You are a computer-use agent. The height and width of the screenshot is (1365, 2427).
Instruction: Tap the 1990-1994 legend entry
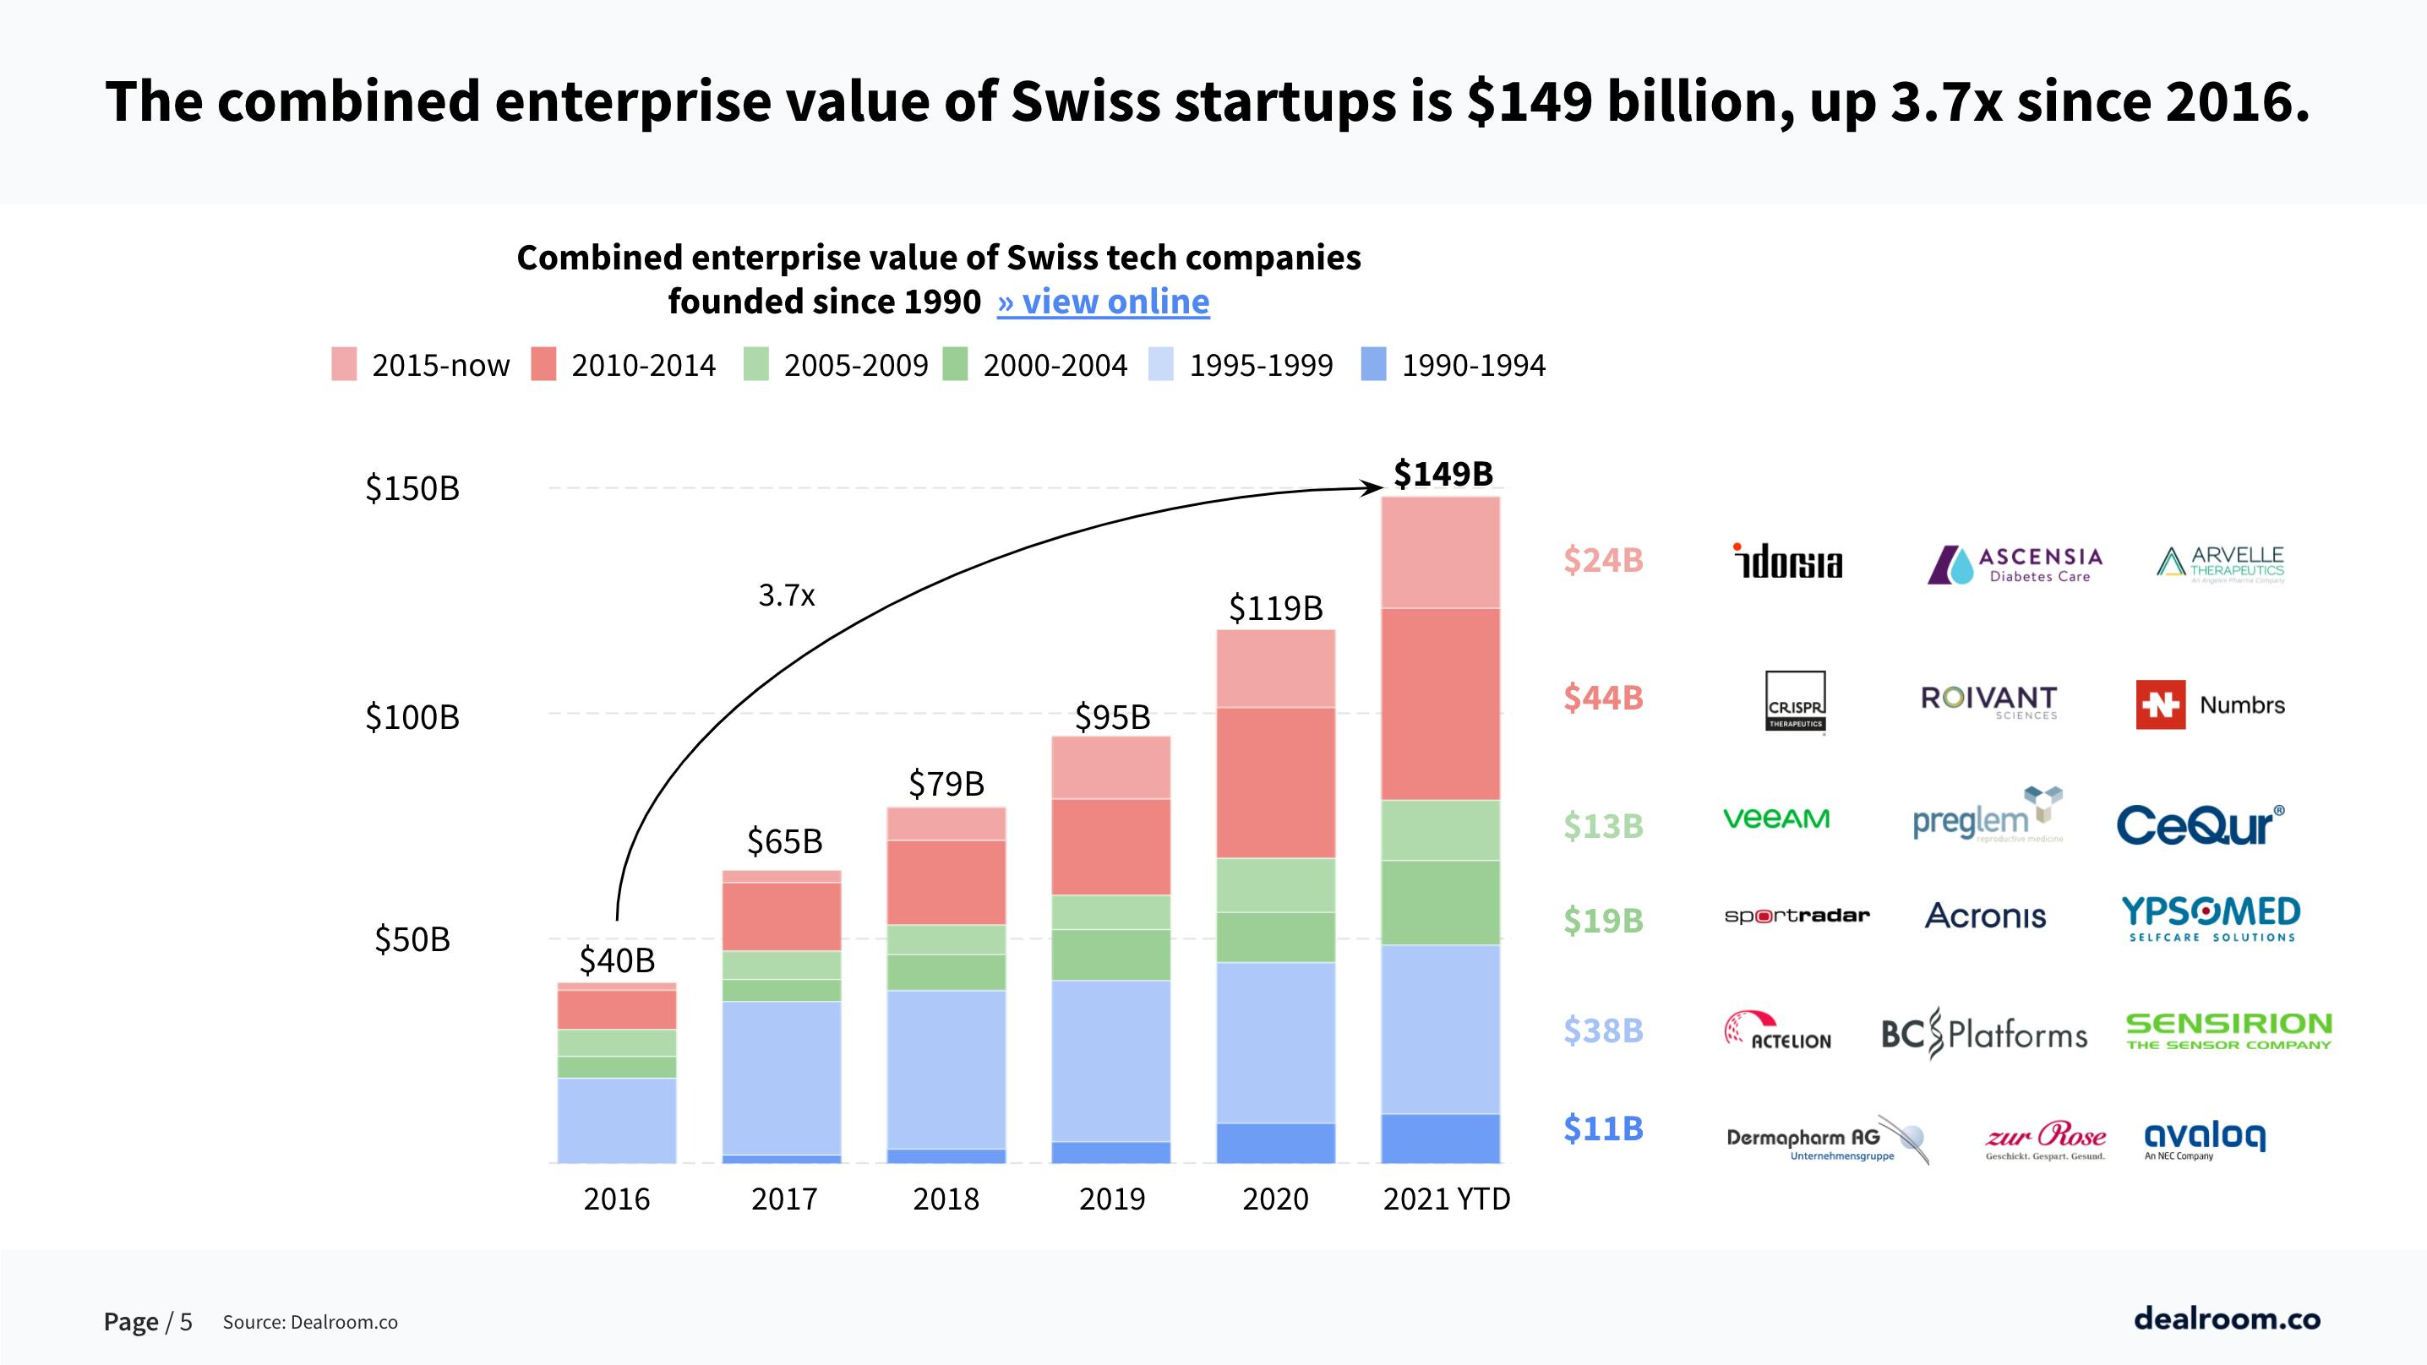pyautogui.click(x=1453, y=365)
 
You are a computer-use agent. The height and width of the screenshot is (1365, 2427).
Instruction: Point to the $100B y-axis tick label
pyautogui.click(x=412, y=717)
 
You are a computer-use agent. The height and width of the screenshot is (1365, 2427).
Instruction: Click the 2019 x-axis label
pyautogui.click(x=1112, y=1199)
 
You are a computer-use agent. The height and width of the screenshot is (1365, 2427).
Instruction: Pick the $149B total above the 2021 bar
pyautogui.click(x=1443, y=473)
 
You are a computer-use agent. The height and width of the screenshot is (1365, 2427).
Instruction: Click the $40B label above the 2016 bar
pyautogui.click(x=616, y=960)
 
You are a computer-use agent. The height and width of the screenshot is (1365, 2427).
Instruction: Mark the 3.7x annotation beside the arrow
pyautogui.click(x=786, y=595)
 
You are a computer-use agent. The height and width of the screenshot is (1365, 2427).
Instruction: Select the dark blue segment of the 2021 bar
pyautogui.click(x=1440, y=1138)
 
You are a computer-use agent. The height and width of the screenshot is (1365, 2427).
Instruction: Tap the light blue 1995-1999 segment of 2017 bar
pyautogui.click(x=781, y=1077)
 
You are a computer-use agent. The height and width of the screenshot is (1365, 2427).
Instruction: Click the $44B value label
pyautogui.click(x=1602, y=697)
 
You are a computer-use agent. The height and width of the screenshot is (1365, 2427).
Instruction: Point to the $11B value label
pyautogui.click(x=1602, y=1128)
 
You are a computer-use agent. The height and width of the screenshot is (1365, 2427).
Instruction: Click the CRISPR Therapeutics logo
pyautogui.click(x=1795, y=702)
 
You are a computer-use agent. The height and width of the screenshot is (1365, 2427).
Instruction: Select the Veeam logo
pyautogui.click(x=1776, y=818)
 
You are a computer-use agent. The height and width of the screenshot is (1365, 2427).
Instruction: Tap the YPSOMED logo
pyautogui.click(x=2211, y=917)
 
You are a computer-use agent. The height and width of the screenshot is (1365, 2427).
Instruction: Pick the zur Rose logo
pyautogui.click(x=2044, y=1139)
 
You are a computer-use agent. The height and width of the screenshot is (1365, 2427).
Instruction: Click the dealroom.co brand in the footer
pyautogui.click(x=2227, y=1317)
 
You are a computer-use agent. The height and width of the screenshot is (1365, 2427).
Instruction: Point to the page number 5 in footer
pyautogui.click(x=186, y=1322)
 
